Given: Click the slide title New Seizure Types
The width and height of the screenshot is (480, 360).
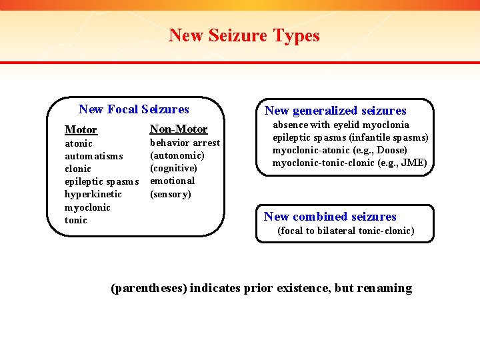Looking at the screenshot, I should [244, 35].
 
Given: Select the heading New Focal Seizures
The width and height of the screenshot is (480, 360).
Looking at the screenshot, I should [133, 109].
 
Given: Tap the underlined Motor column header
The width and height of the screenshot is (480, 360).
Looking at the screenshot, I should [81, 129].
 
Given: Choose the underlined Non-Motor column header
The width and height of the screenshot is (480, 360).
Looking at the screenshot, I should [179, 129].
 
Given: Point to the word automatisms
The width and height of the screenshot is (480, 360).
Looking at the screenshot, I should [93, 156].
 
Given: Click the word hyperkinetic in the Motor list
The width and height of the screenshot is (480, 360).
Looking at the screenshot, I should [93, 194].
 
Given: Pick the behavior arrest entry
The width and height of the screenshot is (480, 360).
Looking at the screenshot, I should [185, 143].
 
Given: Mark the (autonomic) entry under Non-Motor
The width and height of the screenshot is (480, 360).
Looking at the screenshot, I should [177, 155].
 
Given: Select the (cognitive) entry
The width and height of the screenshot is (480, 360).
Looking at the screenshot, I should [173, 168].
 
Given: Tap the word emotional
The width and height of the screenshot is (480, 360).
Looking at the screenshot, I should [172, 181].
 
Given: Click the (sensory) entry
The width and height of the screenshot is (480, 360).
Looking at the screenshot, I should [170, 194].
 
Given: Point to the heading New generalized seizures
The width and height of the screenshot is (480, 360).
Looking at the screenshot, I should [335, 111].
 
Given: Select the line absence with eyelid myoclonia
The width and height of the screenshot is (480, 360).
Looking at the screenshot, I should [341, 125].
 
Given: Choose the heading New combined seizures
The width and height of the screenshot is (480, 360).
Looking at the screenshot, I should [330, 216].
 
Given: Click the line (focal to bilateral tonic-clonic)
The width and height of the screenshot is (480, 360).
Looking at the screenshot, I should [345, 231].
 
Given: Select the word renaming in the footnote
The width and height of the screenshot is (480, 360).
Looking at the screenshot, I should [384, 288].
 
